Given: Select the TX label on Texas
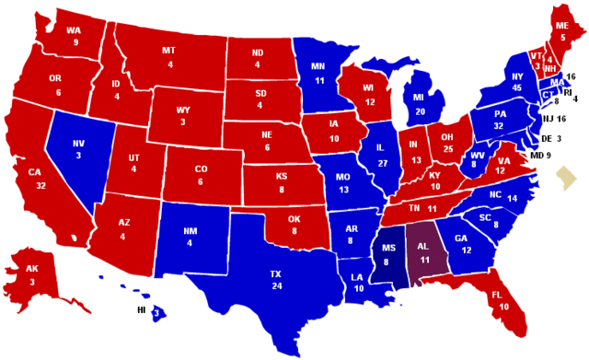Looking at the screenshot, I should [275, 274].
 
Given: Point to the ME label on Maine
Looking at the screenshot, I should [560, 26].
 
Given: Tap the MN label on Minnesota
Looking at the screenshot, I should [318, 66].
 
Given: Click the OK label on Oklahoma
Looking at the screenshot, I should [294, 219].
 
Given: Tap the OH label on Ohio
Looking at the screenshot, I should [448, 136].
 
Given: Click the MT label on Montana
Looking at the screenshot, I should [169, 51].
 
